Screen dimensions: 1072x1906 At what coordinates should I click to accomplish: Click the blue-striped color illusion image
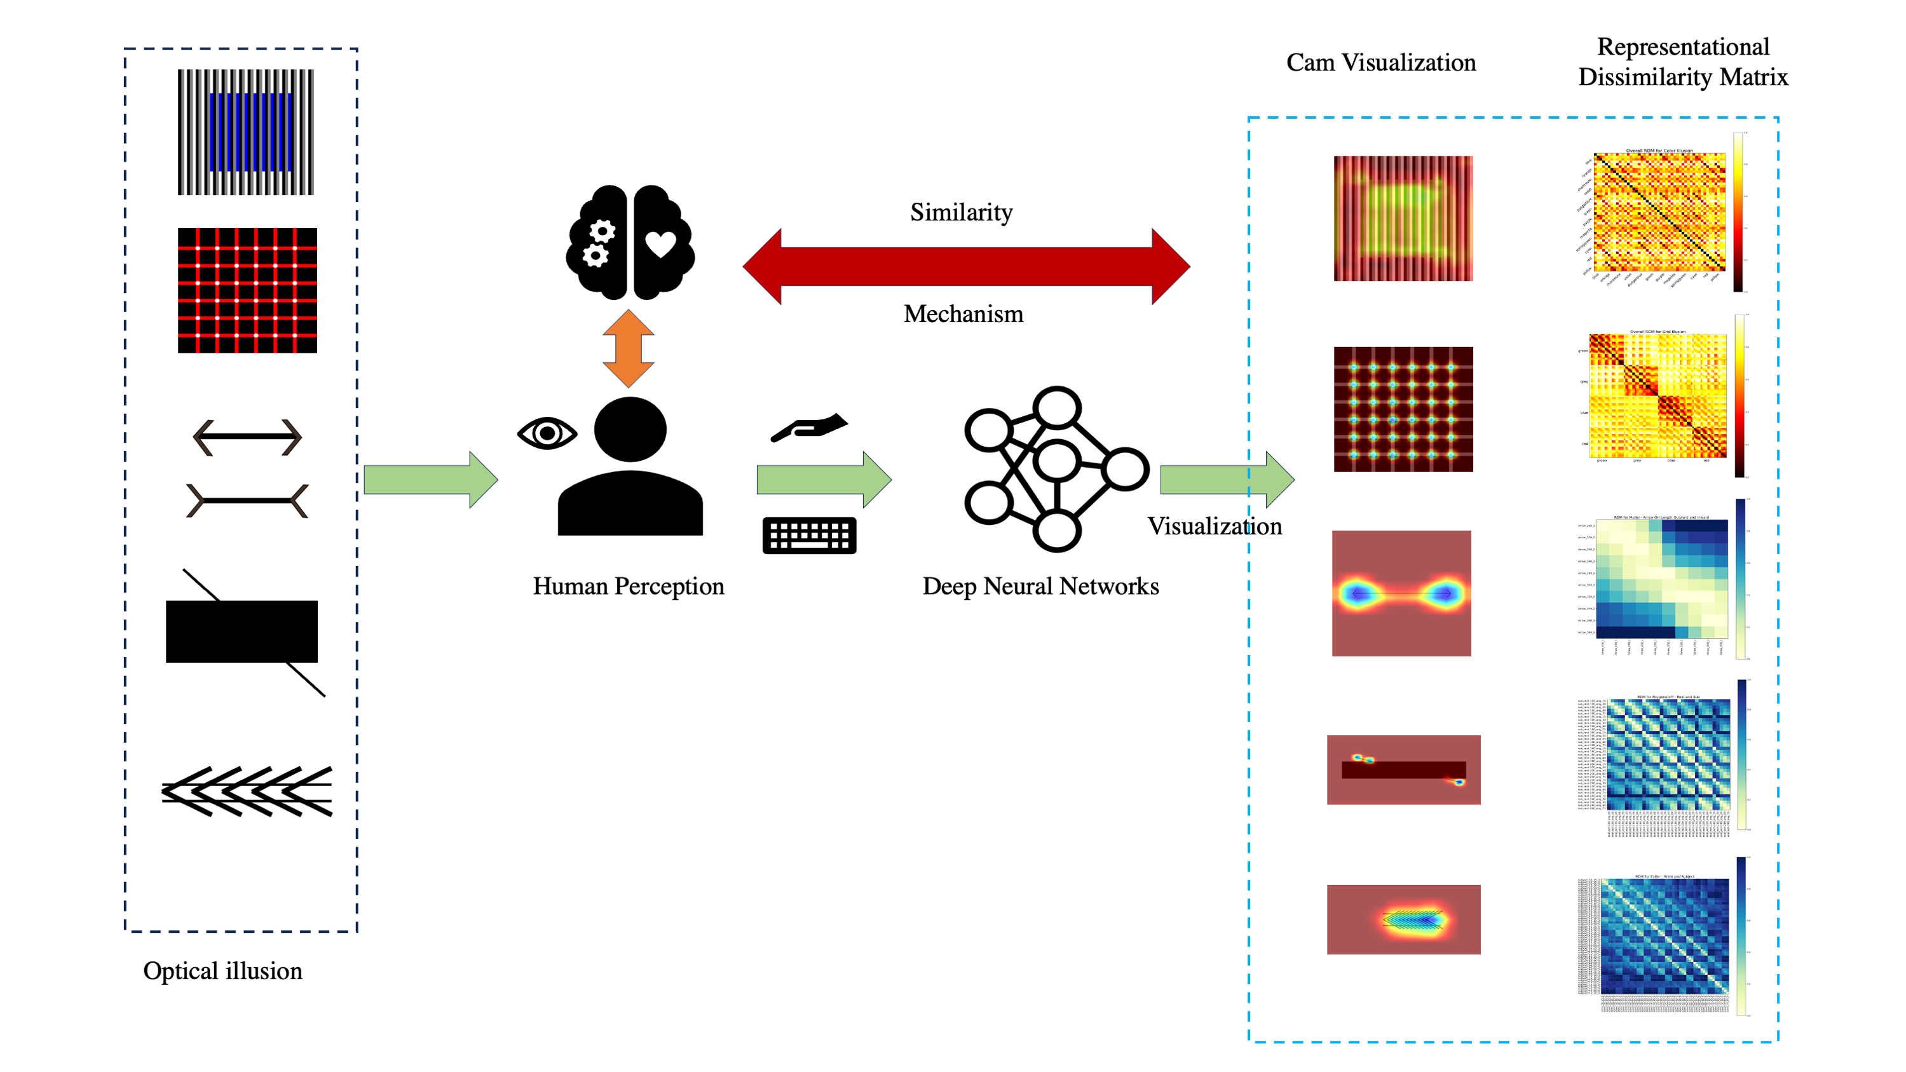point(246,132)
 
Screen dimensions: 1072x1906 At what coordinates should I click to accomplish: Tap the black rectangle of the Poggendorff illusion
point(242,631)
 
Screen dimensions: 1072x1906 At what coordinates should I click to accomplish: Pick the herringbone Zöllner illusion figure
point(247,792)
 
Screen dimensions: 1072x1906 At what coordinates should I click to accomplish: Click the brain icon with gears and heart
point(630,242)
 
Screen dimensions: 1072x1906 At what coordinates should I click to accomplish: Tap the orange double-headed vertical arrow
point(628,348)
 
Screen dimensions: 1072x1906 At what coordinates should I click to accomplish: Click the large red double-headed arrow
point(965,266)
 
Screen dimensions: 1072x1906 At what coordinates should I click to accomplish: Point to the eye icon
point(547,433)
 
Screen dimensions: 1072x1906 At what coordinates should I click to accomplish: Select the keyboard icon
point(808,535)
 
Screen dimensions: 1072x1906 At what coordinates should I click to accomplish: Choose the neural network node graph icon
point(1056,468)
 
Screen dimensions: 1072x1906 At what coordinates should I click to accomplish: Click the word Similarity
point(960,212)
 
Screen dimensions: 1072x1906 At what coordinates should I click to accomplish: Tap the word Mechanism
point(963,314)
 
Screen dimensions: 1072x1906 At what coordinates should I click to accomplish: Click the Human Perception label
point(628,586)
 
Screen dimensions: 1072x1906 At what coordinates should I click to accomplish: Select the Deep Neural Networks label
point(1040,586)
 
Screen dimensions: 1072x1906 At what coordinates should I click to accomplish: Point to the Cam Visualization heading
point(1380,62)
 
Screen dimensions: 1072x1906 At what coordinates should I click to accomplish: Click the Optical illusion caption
point(222,970)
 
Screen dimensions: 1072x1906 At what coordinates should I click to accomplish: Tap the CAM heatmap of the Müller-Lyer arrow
point(1401,594)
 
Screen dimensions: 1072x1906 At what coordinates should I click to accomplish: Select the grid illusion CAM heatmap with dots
point(1403,409)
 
